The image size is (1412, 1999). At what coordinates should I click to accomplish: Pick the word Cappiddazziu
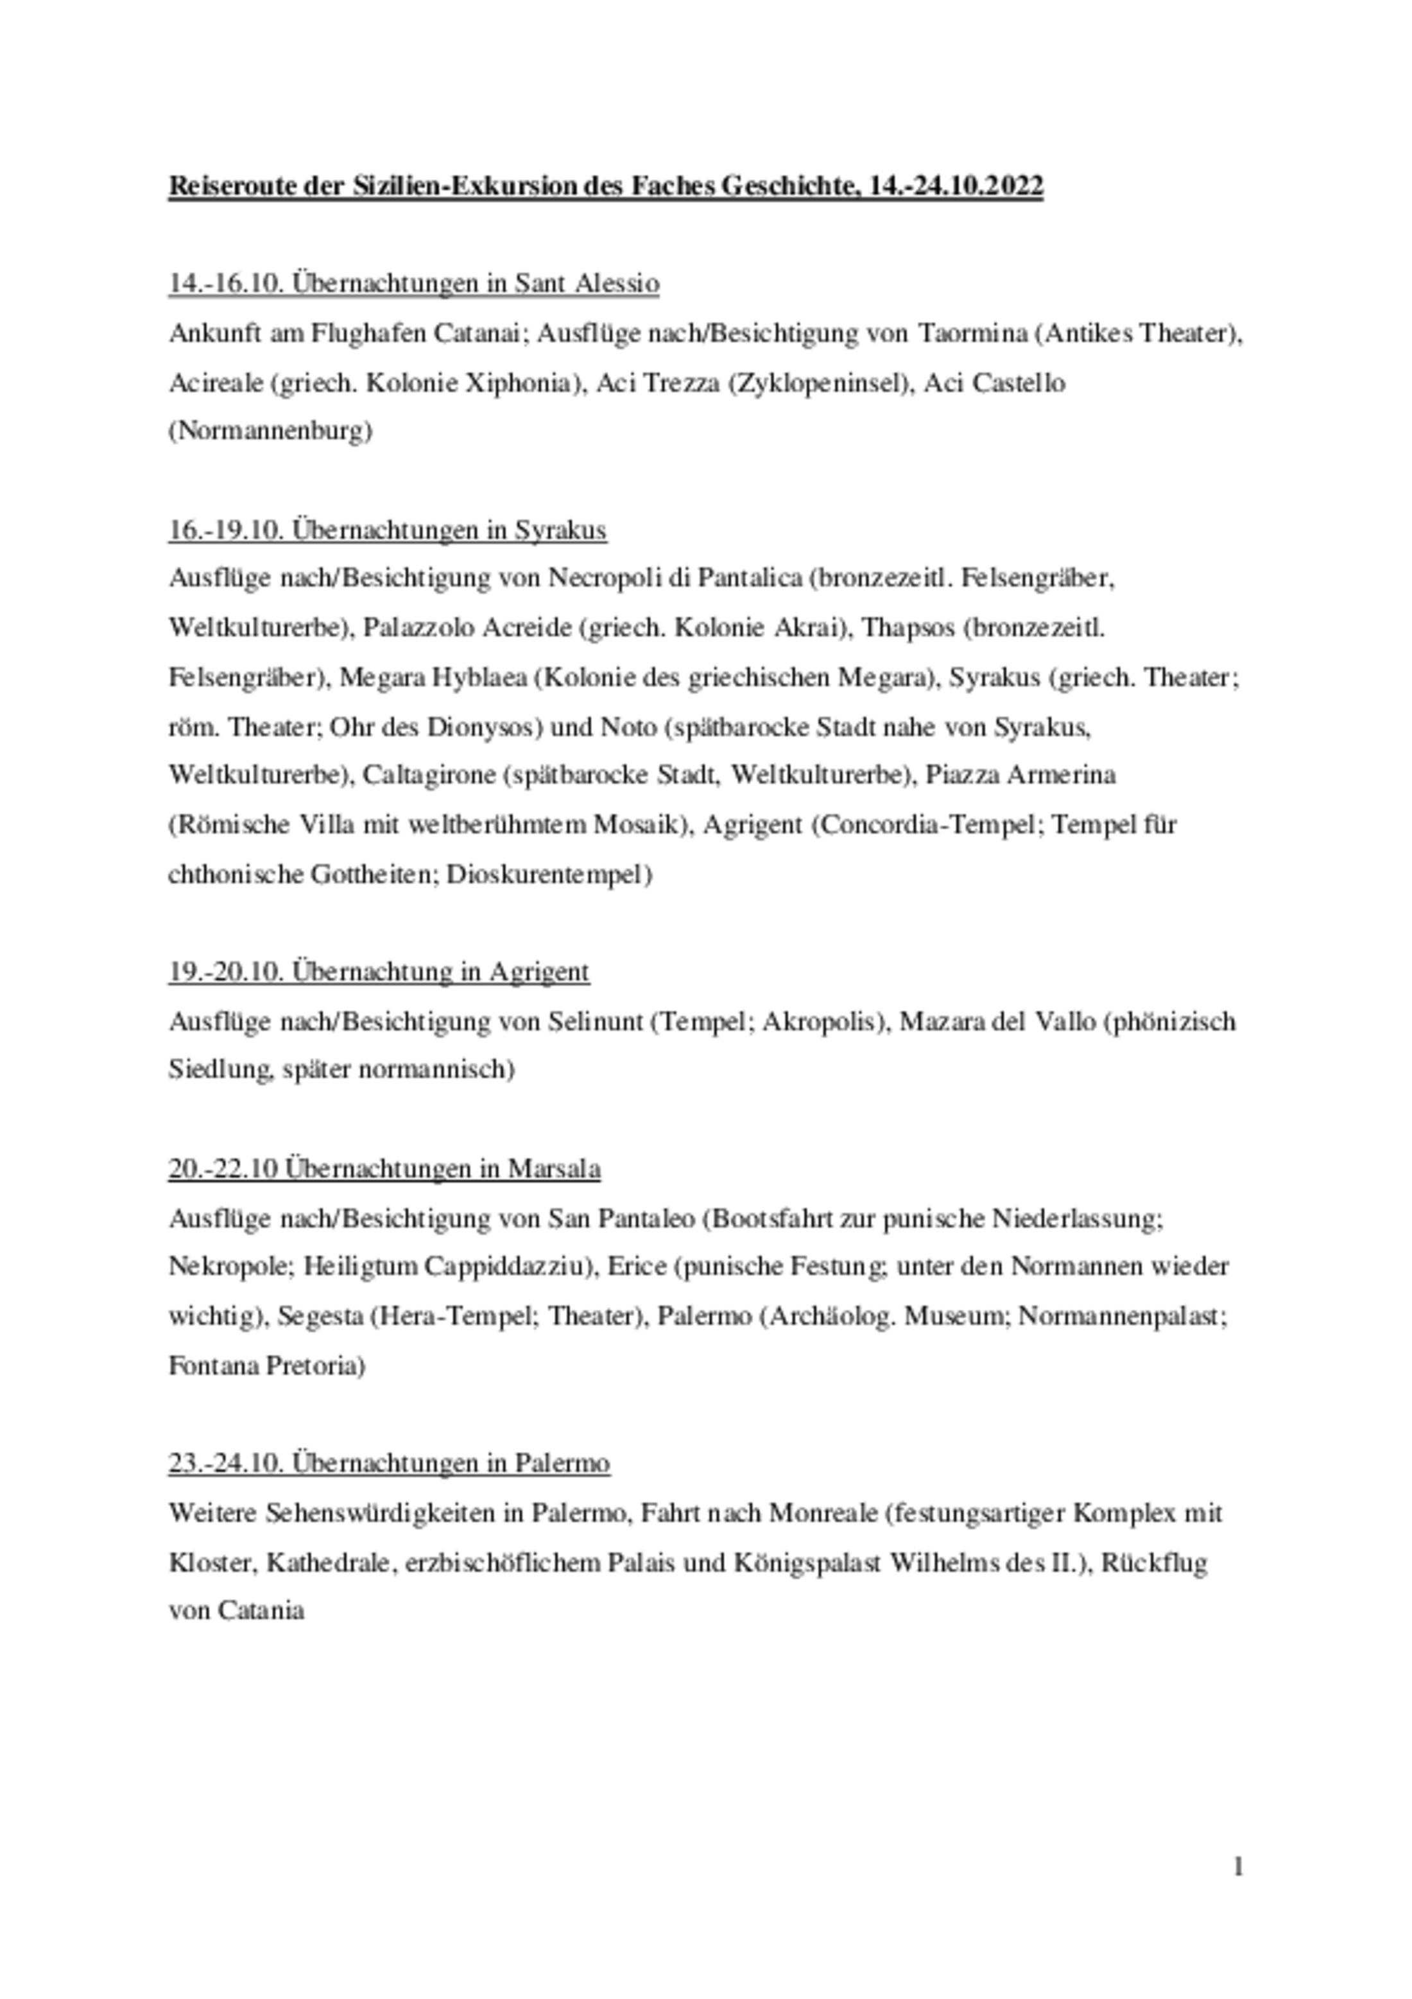[505, 1266]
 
